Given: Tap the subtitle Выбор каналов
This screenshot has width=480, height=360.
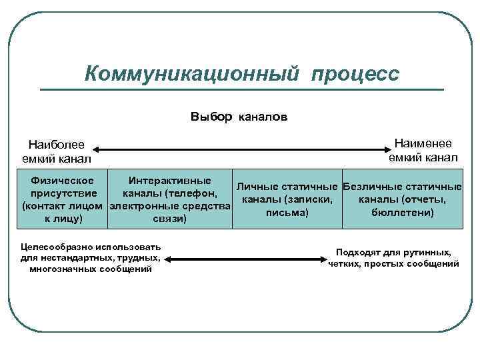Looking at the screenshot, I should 239,117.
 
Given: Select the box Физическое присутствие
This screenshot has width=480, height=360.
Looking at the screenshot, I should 63,199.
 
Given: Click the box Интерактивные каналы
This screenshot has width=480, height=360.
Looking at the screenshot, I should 169,199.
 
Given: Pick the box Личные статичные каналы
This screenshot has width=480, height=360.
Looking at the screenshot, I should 287,199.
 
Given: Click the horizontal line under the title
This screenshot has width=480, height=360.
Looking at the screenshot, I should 241,89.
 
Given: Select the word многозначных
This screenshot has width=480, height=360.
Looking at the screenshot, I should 63,269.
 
